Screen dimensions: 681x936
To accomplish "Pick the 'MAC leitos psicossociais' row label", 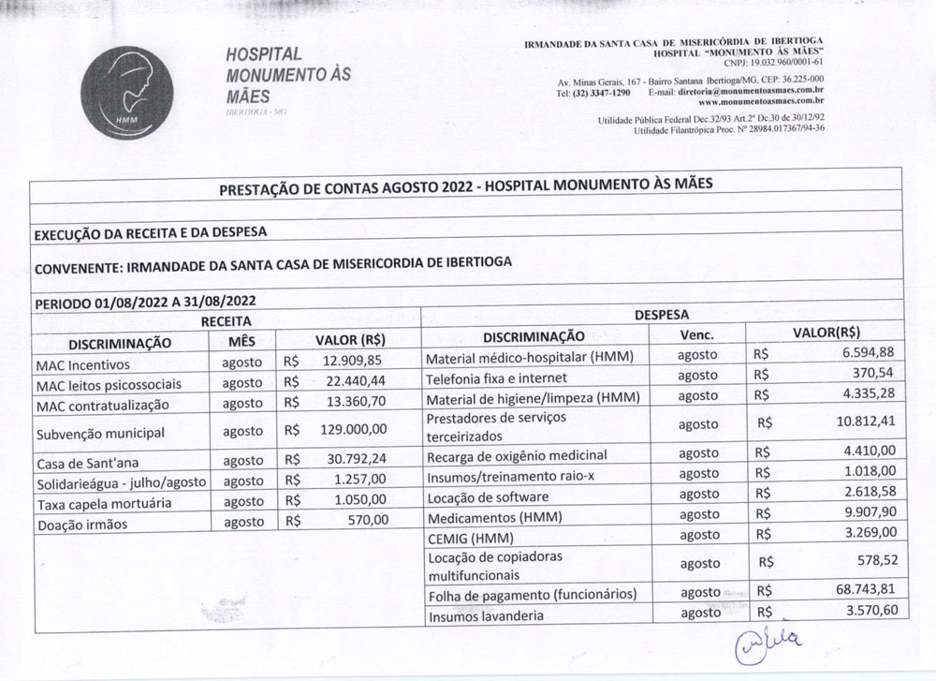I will [108, 385].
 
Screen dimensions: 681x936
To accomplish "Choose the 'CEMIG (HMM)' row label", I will [466, 538].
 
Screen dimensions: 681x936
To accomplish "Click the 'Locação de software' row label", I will [490, 495].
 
